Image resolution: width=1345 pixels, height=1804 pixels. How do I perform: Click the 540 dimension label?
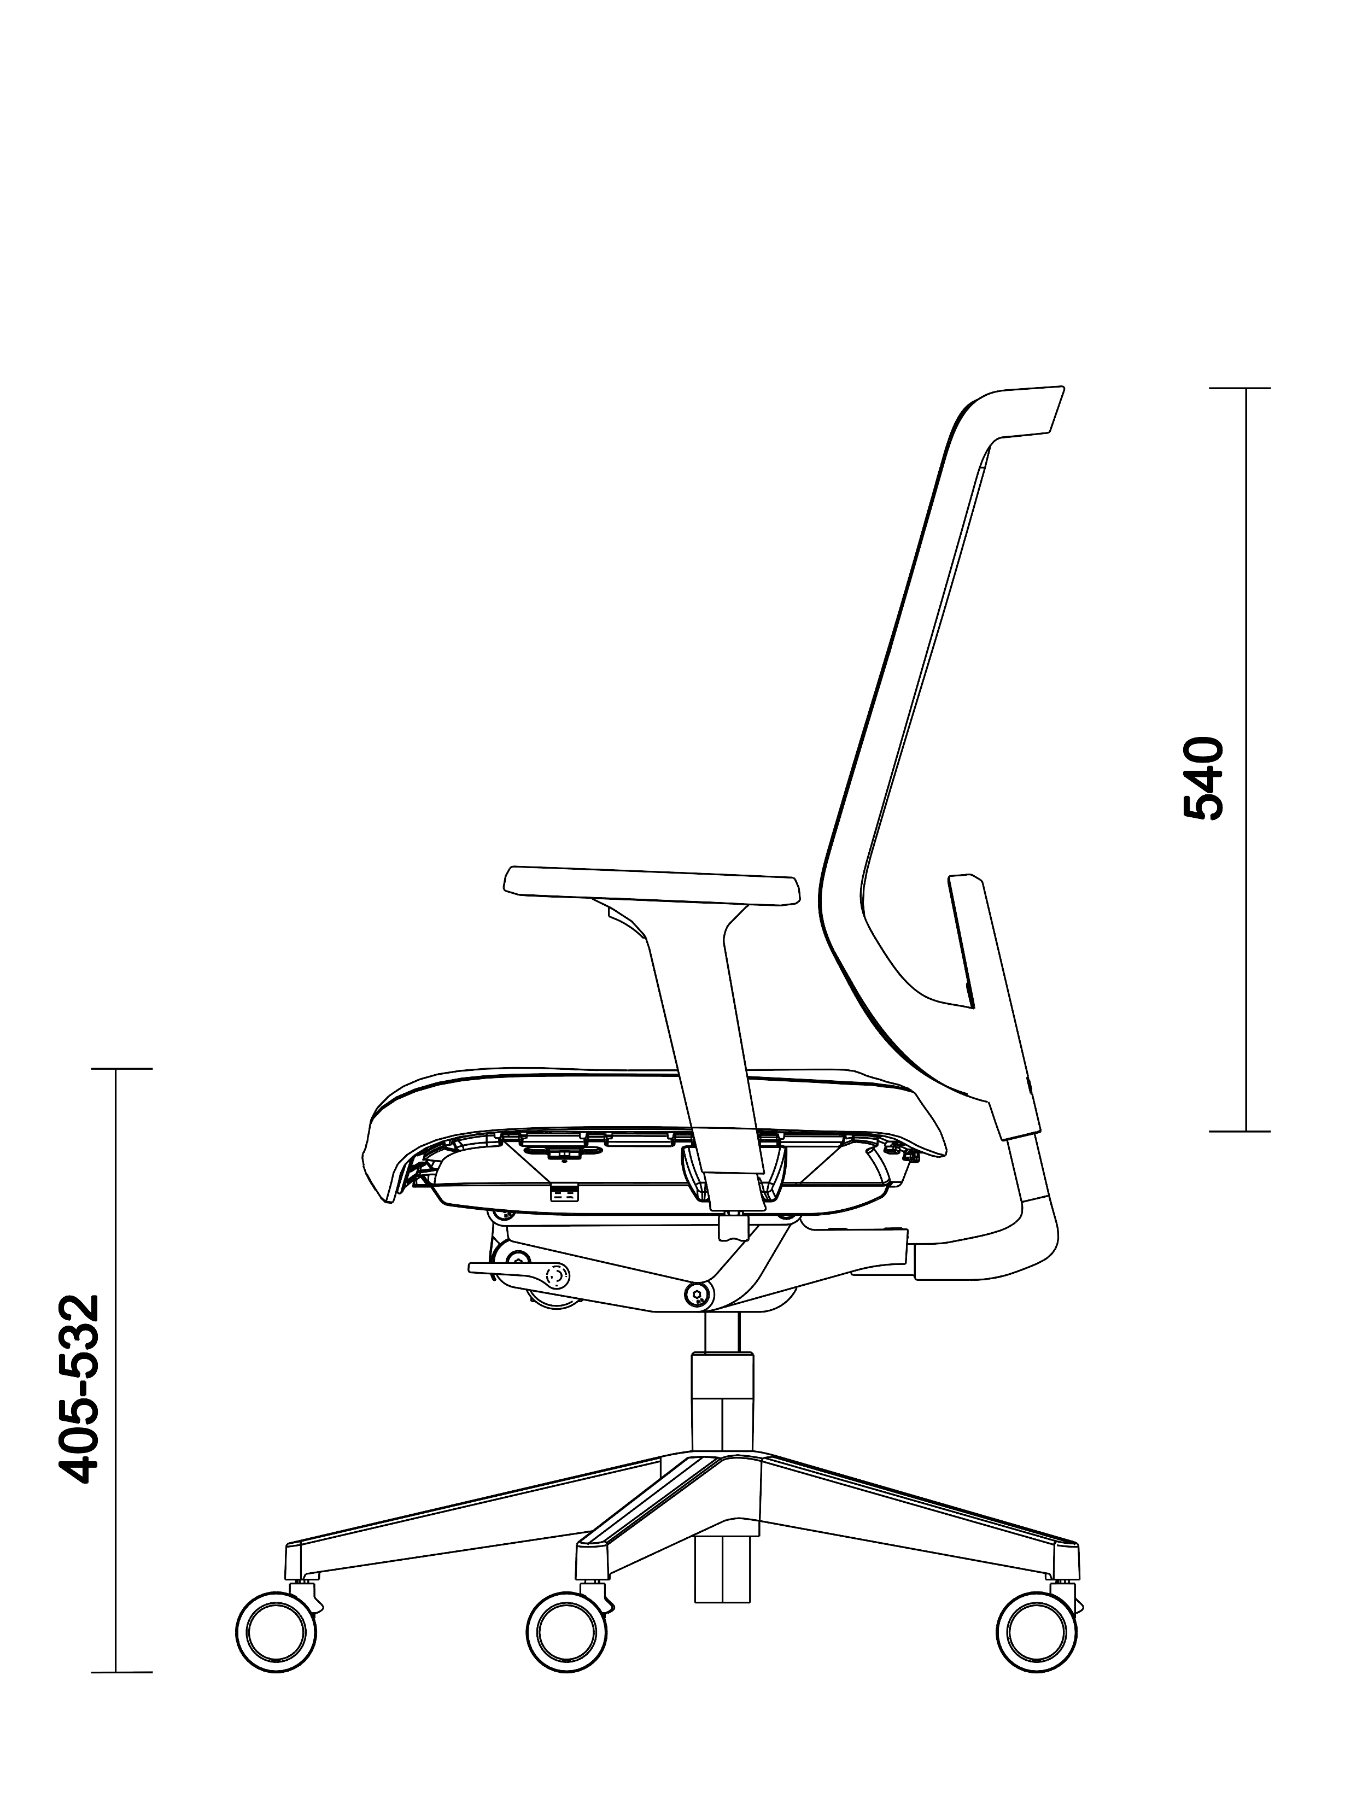(x=1202, y=778)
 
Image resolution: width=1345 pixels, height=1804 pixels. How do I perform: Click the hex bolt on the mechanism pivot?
(x=698, y=1295)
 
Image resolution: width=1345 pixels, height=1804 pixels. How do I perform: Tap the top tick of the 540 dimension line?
(x=1239, y=388)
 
